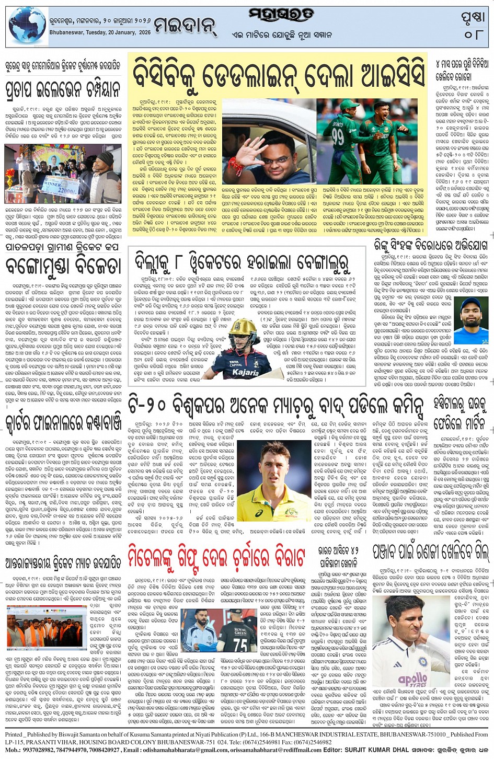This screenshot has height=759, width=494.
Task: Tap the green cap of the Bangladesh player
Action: tap(385, 107)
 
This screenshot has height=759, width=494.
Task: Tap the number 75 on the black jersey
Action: tap(240, 645)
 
